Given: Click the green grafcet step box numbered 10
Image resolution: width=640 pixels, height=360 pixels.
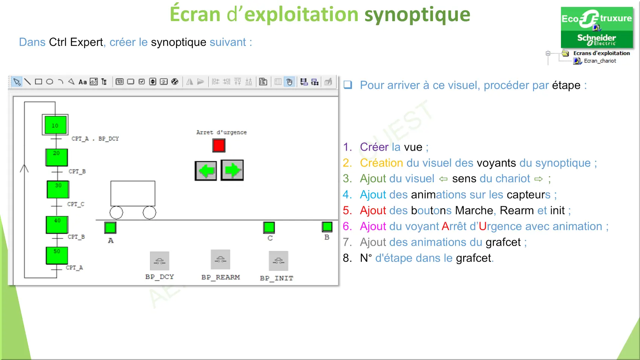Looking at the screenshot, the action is click(x=55, y=125).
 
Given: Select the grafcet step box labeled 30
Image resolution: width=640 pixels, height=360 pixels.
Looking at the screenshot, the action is click(x=58, y=189).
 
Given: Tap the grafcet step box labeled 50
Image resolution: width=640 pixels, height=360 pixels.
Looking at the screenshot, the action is click(x=57, y=255).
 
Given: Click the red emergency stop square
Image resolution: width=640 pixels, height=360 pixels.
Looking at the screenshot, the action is click(x=219, y=145).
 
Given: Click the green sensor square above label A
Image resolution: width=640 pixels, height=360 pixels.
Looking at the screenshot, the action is click(x=110, y=228).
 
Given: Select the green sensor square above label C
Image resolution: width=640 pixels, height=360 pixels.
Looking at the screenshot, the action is click(x=269, y=227).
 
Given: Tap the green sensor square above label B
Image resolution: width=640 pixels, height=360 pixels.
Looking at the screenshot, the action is click(x=327, y=227).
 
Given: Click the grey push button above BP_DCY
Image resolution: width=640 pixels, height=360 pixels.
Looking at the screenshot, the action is click(x=159, y=261).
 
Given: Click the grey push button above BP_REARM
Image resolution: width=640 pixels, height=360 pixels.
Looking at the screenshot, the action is click(x=220, y=259).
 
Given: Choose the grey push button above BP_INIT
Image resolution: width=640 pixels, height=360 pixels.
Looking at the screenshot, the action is click(x=278, y=261).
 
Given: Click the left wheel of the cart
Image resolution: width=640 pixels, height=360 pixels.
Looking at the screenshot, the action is click(x=116, y=212).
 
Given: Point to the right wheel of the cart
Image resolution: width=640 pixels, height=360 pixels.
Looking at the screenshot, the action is click(x=149, y=212).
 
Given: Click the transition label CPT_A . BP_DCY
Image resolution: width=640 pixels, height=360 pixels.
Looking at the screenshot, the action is click(x=95, y=139).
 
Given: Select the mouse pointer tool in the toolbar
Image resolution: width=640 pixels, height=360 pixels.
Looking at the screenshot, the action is click(x=17, y=82).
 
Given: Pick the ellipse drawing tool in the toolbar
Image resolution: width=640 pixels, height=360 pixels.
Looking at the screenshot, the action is click(x=49, y=82).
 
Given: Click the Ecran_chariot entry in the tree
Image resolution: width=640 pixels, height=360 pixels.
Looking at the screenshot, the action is click(x=600, y=61).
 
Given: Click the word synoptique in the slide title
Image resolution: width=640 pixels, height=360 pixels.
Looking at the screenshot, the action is click(x=417, y=15).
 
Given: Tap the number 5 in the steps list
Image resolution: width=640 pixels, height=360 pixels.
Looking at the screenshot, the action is click(x=347, y=211).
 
